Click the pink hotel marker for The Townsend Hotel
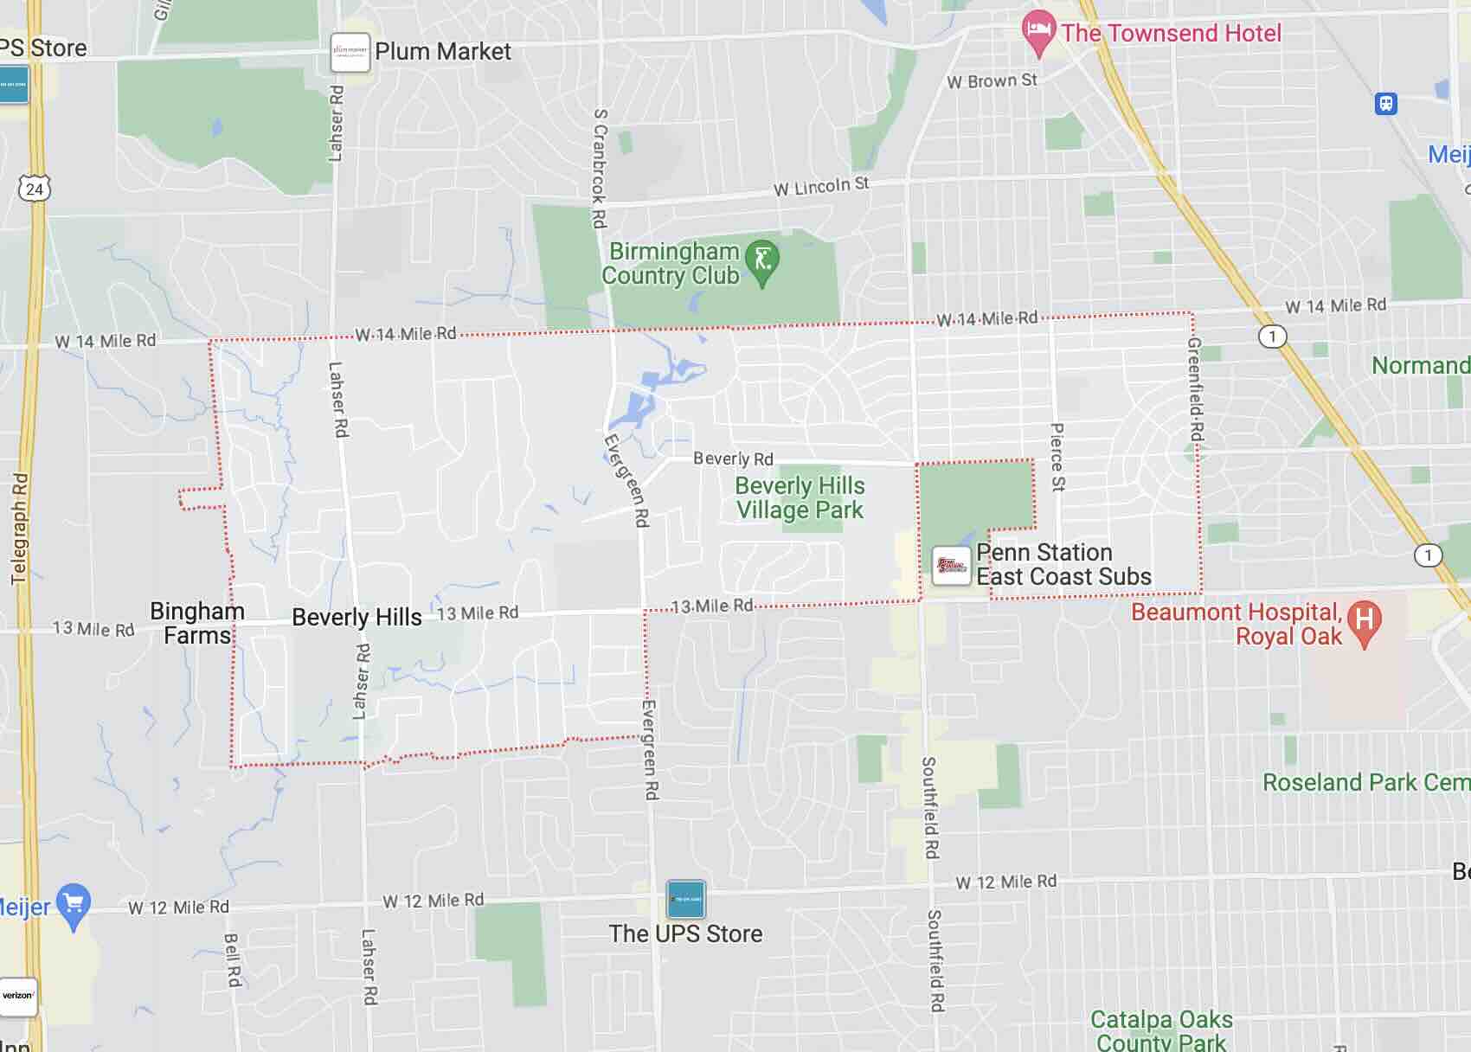coord(1038,31)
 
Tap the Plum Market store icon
coord(350,52)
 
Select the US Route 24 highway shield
coord(34,189)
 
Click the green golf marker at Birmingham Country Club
coord(762,260)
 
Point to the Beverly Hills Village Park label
coord(799,498)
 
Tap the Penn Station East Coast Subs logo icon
coord(951,566)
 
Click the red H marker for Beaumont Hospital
coord(1364,621)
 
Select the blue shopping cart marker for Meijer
coord(73,904)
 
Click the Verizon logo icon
coord(17,996)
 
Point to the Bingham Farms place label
coord(197,623)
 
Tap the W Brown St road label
coord(992,81)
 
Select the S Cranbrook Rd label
coord(600,169)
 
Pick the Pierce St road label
coord(1057,457)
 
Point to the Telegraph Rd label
coord(20,528)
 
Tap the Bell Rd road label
coord(232,959)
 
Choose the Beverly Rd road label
coord(733,459)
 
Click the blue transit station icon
coord(1386,104)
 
